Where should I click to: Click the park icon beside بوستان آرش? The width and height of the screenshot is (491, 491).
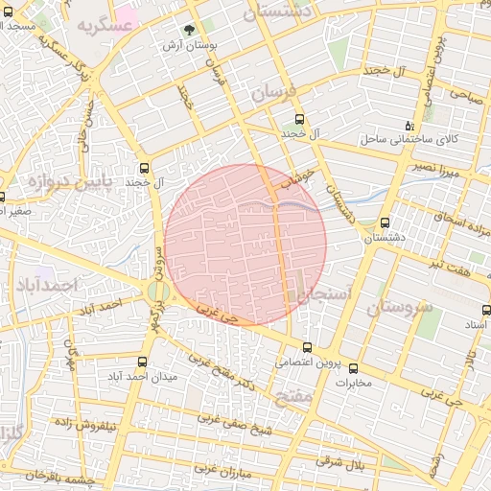(189, 30)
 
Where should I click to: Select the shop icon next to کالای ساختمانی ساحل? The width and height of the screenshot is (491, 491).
(409, 126)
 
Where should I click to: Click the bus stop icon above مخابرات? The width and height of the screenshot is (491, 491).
(353, 368)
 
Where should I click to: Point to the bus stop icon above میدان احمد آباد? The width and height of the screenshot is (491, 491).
(143, 362)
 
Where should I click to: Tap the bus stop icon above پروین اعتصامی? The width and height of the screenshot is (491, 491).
(307, 348)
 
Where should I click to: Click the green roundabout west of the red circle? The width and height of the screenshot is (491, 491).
(155, 291)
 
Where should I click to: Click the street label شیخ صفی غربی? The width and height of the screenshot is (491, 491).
(235, 424)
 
